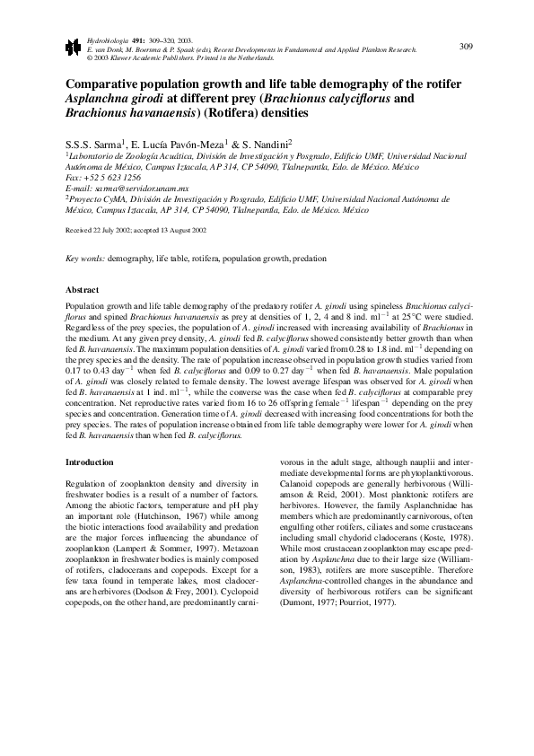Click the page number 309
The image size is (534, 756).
pos(466,47)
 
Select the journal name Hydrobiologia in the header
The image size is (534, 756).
pos(103,41)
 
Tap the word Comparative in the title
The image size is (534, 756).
pos(106,84)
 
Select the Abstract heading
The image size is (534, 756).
pos(83,290)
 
